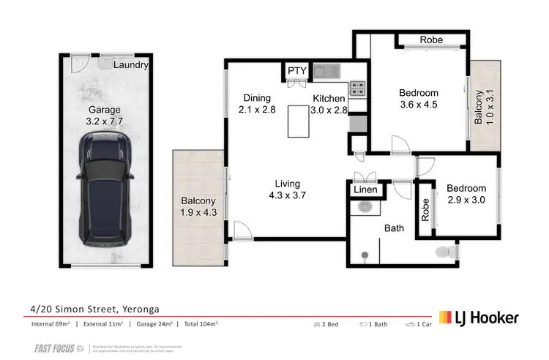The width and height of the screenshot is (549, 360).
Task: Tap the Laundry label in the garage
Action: point(131,65)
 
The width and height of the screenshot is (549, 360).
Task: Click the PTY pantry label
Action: point(296,70)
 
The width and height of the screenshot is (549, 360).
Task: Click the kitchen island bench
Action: point(299,121)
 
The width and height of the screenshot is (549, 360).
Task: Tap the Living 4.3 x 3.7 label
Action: point(287,190)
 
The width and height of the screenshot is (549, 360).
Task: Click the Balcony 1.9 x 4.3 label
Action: point(198,207)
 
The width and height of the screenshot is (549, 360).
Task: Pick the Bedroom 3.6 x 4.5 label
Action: point(418,99)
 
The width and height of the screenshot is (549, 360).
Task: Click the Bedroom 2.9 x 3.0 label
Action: point(466,195)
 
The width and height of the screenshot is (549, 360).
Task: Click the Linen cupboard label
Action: point(365,191)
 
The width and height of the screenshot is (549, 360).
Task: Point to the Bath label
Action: point(394,228)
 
